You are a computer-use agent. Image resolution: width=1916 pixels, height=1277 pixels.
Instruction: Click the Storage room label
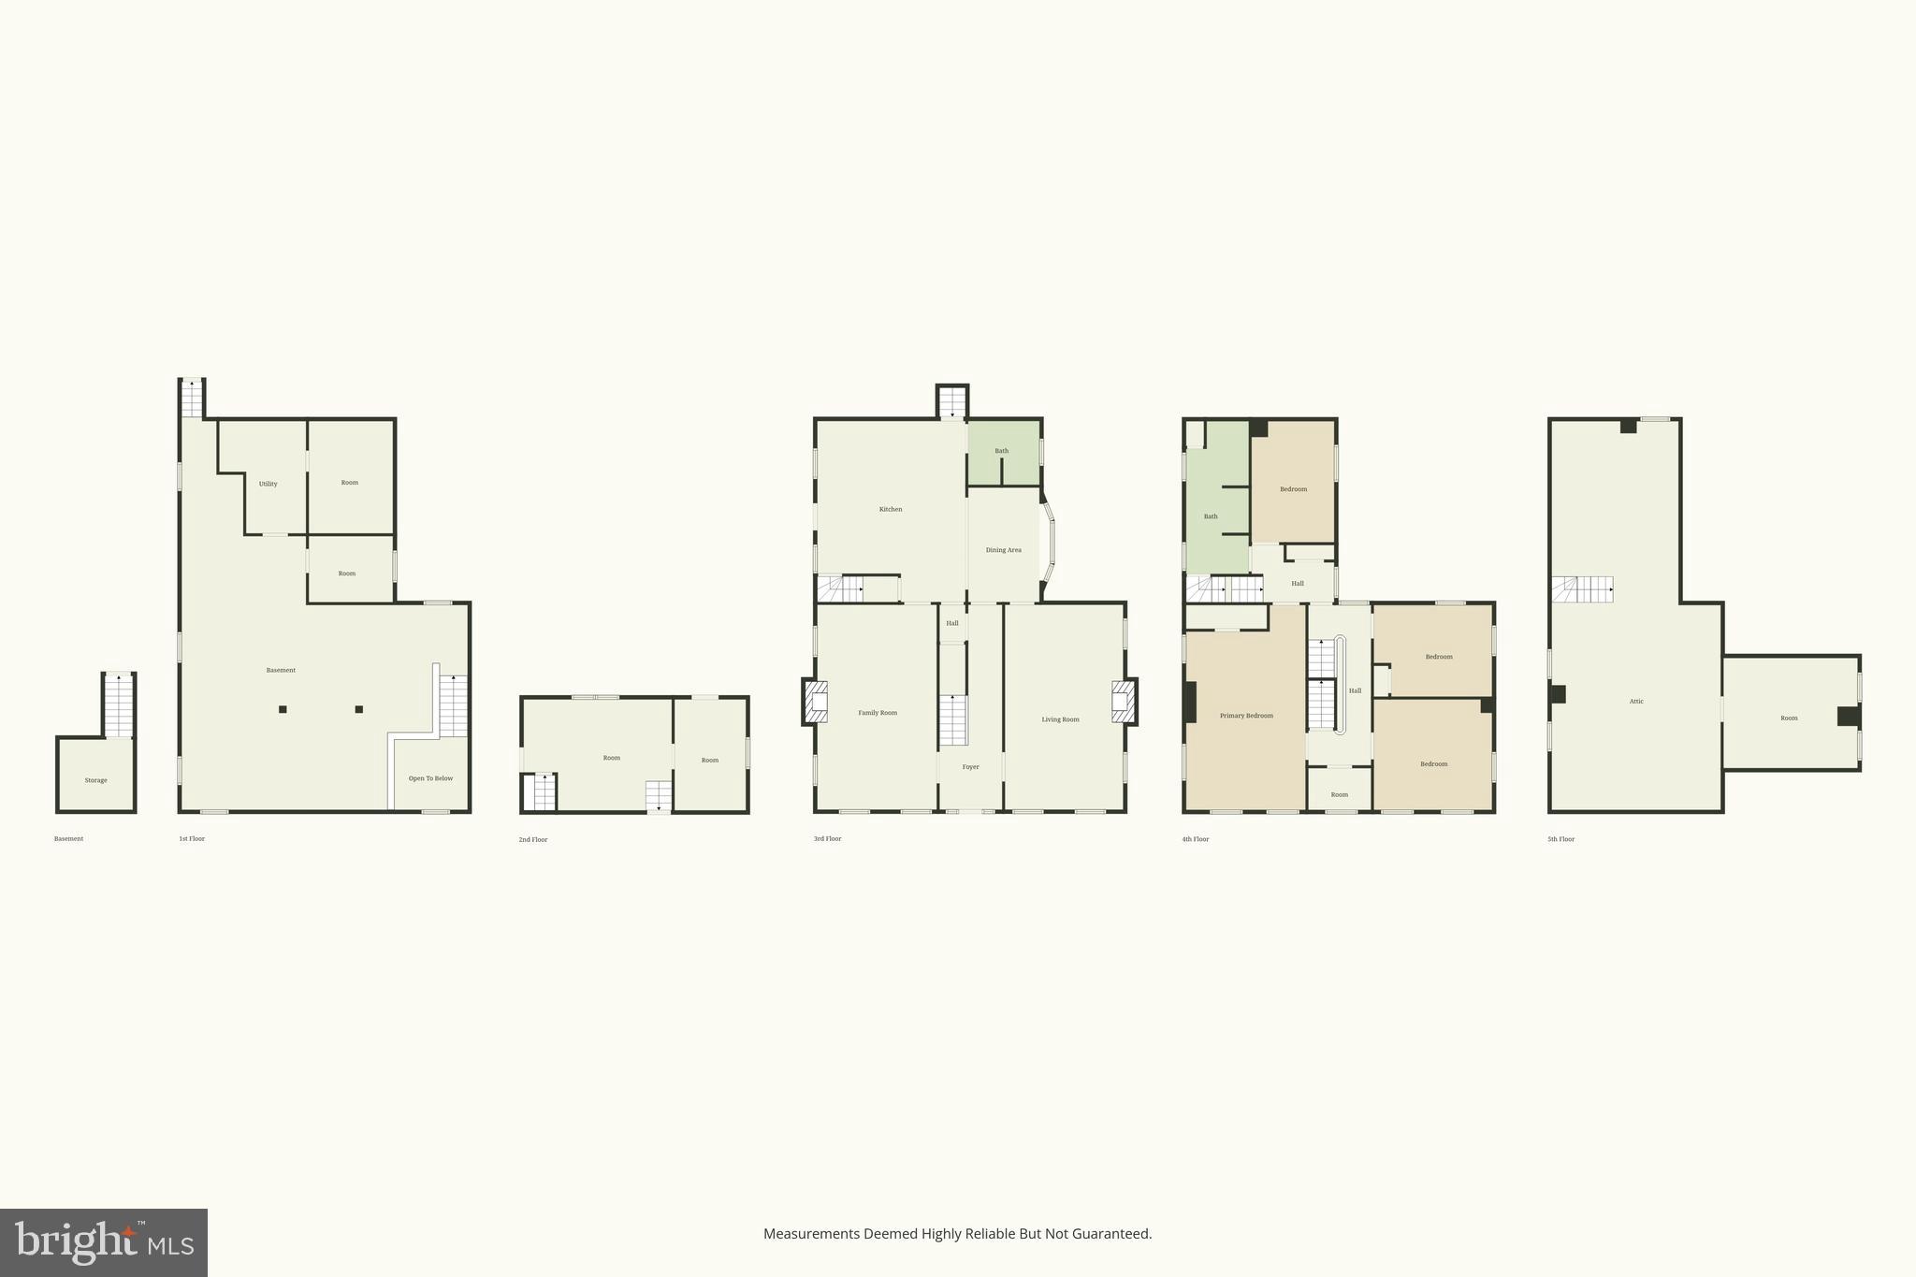click(95, 780)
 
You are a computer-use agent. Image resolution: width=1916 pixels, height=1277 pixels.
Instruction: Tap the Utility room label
click(268, 484)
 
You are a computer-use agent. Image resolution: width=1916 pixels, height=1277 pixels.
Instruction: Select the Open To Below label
click(430, 778)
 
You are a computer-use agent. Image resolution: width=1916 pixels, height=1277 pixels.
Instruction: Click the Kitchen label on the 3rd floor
click(891, 509)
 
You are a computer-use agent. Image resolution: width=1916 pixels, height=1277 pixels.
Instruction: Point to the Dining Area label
click(1003, 550)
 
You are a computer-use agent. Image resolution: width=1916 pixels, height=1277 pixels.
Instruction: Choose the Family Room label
click(878, 713)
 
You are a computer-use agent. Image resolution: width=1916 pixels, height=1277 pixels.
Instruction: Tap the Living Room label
click(1060, 719)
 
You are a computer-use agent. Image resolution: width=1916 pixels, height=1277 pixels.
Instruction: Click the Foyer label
click(970, 767)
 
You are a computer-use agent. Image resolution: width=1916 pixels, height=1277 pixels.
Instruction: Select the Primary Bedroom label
click(1246, 716)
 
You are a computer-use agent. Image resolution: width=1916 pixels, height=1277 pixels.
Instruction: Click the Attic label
click(1635, 702)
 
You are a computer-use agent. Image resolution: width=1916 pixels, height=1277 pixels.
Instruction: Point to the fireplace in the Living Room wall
click(1124, 702)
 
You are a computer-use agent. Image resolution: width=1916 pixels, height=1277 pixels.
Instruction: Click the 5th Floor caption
click(1560, 839)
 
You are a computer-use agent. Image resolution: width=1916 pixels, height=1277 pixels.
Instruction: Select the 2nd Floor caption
click(533, 840)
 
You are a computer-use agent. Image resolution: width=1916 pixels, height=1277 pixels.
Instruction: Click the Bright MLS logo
click(104, 1242)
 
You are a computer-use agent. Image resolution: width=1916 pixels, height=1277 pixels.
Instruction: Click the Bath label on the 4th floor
click(1211, 516)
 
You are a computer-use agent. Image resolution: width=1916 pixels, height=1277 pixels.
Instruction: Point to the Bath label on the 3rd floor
click(1001, 451)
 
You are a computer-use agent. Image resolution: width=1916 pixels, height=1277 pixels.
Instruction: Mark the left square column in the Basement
click(283, 709)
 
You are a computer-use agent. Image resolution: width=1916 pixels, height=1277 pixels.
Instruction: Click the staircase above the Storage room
click(119, 706)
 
